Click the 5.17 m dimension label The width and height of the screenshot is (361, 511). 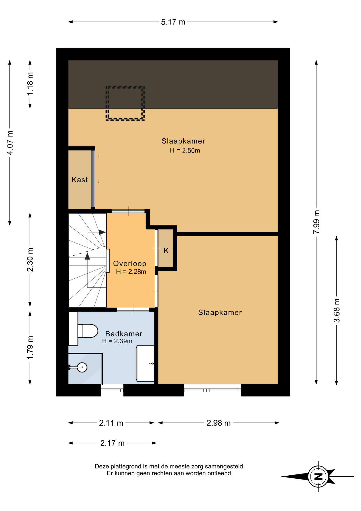coord(173,22)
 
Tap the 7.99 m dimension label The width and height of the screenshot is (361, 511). coord(316,222)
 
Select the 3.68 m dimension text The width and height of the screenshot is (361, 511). coord(337,311)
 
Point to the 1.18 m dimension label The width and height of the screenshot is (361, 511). coord(30,84)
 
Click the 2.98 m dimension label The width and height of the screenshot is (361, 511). coord(219,423)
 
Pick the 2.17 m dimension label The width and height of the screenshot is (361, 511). coord(112,443)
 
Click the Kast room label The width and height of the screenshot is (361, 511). coord(80,180)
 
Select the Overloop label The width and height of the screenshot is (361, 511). coord(130,263)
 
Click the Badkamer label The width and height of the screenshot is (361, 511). coord(124,334)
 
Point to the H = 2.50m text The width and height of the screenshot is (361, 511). coord(185,150)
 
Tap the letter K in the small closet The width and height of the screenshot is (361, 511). coord(166,250)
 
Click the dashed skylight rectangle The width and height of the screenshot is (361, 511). coord(125,86)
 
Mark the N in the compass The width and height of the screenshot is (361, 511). coord(318,477)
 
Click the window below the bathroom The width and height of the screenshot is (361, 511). coord(112,390)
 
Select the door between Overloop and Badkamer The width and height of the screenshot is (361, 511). coord(133,310)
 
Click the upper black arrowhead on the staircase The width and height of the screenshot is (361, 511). coord(102,232)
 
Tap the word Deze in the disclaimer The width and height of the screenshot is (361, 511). coord(102,467)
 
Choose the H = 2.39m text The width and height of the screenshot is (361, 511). coord(117,341)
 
